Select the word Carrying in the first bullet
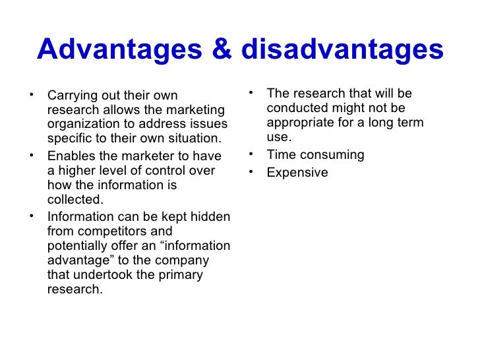coord(71,96)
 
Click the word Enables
coord(70,156)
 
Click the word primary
coord(182,275)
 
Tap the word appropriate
coord(301,123)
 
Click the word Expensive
coord(297,173)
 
